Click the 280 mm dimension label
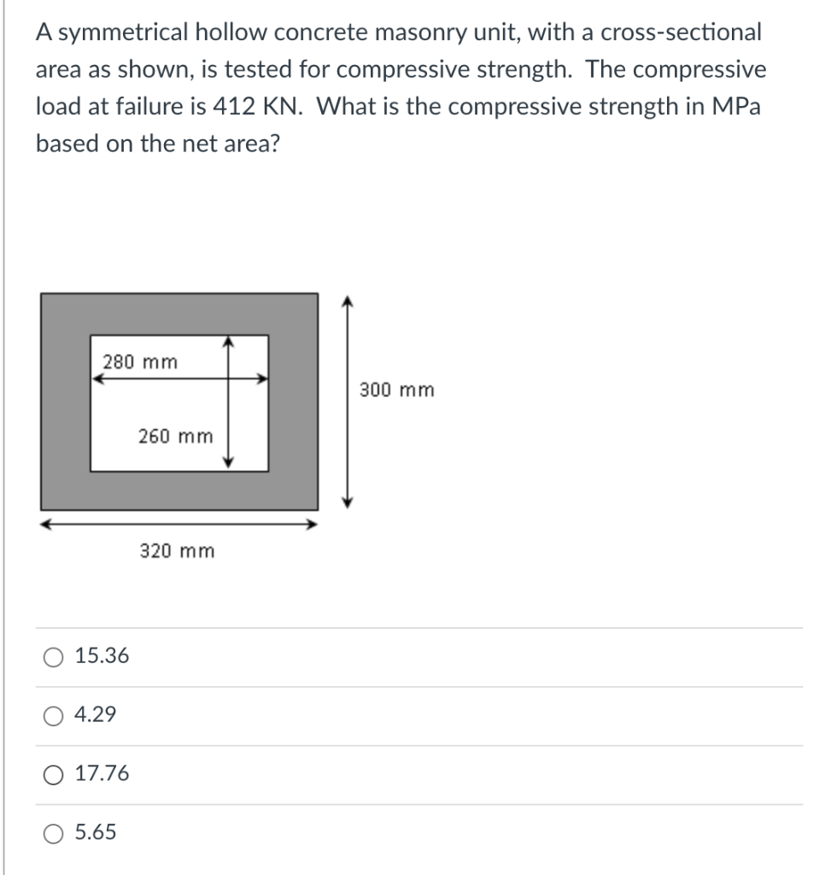(x=141, y=361)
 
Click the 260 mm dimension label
(x=175, y=437)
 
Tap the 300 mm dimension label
(x=396, y=391)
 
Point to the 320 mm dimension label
(x=177, y=551)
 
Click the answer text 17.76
(x=102, y=774)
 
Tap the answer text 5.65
(x=97, y=832)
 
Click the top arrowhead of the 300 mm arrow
(x=346, y=301)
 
